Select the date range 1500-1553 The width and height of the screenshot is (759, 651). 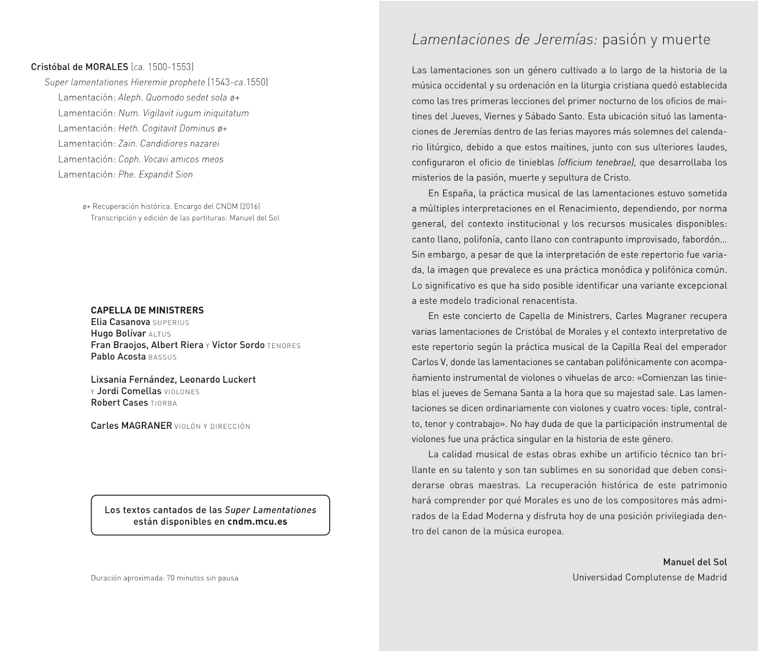click(x=170, y=67)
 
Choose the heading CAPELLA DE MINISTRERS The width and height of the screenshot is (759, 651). click(x=147, y=310)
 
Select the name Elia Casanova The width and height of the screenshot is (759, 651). click(x=120, y=322)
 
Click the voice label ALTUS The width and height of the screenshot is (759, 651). click(x=159, y=334)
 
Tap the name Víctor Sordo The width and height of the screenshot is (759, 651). click(x=238, y=345)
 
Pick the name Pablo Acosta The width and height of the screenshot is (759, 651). click(x=118, y=357)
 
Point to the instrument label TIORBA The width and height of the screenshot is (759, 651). click(x=164, y=403)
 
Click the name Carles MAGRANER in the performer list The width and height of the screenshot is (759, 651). click(x=131, y=425)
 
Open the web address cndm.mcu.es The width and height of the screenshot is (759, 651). click(x=257, y=521)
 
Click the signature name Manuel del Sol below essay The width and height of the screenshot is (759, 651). click(x=694, y=562)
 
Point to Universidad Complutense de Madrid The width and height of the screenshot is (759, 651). click(x=649, y=577)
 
